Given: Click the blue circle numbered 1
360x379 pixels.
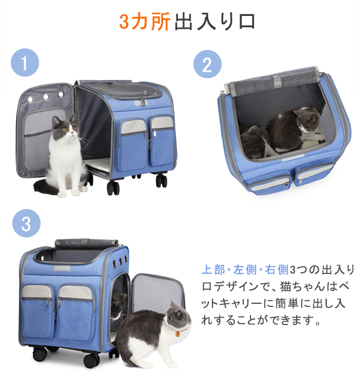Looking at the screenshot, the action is [25, 63].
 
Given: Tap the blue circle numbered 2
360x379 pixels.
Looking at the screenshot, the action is [207, 64].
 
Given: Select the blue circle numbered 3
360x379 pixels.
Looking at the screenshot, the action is [26, 223].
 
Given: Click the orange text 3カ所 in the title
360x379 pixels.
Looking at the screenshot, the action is [145, 22].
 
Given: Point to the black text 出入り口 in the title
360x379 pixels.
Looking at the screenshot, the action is [215, 22].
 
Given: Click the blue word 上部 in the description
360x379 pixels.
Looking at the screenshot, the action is [213, 270].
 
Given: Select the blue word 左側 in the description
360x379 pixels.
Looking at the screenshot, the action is [245, 270].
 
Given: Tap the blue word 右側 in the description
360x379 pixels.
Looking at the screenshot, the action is [277, 270].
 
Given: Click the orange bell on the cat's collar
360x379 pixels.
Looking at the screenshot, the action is [177, 334].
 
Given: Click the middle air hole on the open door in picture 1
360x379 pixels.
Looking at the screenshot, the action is [46, 97].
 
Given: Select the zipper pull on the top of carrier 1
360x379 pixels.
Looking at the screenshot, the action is [142, 101].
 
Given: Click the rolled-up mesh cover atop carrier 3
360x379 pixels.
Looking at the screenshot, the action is [86, 243].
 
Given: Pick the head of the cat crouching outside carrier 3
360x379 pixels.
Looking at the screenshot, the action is [178, 315].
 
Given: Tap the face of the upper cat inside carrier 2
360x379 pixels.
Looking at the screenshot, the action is [307, 120].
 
